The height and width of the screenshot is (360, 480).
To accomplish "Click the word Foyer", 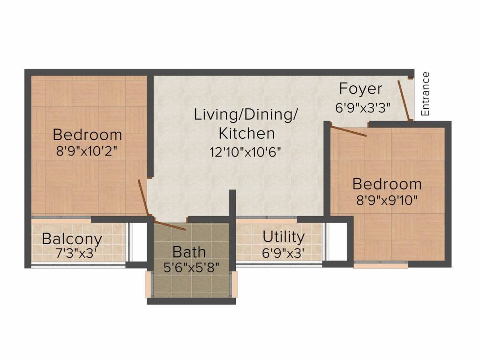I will tap(360, 89).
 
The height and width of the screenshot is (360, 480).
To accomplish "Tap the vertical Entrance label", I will tap(425, 94).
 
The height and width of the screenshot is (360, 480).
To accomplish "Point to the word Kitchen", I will tap(247, 133).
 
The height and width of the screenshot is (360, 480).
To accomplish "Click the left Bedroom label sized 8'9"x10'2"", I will tap(87, 135).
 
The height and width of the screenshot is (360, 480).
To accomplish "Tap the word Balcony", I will tap(72, 239).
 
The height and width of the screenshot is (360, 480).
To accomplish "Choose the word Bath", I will tap(189, 252).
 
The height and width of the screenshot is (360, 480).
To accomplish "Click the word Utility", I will tap(283, 237).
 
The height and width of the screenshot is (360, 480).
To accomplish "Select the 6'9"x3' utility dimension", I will tap(284, 254).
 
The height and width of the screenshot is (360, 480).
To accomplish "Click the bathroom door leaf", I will tap(170, 225).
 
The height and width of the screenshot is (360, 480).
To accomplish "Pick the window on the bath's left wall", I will tap(150, 284).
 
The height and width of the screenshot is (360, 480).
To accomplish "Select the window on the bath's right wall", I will tap(233, 284).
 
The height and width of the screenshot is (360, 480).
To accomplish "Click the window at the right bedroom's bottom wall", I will tap(381, 265).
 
